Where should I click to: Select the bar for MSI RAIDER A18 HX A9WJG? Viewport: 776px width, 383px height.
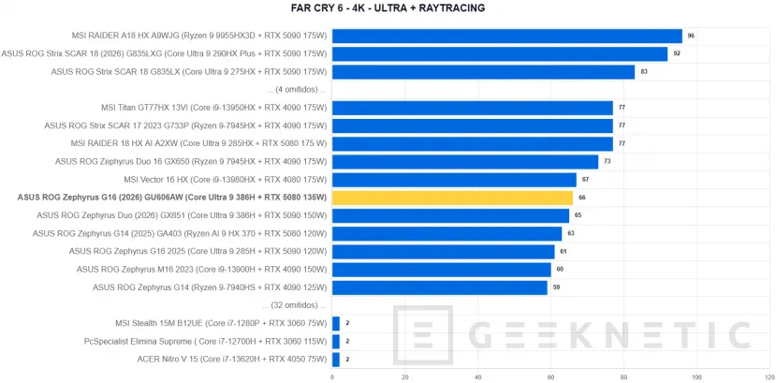(x=506, y=37)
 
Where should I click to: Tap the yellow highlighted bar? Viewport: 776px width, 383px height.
(x=452, y=198)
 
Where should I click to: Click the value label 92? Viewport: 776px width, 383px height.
(x=677, y=53)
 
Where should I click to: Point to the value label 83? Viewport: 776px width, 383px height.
(x=644, y=71)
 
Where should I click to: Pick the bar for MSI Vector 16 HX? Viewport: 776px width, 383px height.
(x=454, y=180)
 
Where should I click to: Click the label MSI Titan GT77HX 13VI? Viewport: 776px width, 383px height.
(x=141, y=108)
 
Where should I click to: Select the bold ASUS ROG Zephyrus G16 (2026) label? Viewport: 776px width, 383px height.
(x=172, y=198)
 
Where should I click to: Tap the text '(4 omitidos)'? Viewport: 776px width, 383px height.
(x=297, y=90)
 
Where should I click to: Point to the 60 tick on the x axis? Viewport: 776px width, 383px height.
(x=478, y=377)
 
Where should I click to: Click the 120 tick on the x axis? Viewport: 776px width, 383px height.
(x=769, y=377)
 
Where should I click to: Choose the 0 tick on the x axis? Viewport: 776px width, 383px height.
(x=332, y=377)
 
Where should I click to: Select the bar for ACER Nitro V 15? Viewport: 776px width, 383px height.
(x=335, y=360)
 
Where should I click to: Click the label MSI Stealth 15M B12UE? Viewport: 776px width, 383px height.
(x=156, y=324)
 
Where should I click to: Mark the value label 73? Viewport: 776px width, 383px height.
(x=608, y=161)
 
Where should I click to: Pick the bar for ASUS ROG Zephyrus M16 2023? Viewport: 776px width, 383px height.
(x=442, y=270)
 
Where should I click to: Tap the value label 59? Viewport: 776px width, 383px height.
(x=556, y=287)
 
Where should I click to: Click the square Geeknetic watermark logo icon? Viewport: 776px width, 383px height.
(x=423, y=334)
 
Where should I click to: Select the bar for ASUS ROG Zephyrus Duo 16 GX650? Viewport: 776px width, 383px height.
(x=465, y=162)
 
